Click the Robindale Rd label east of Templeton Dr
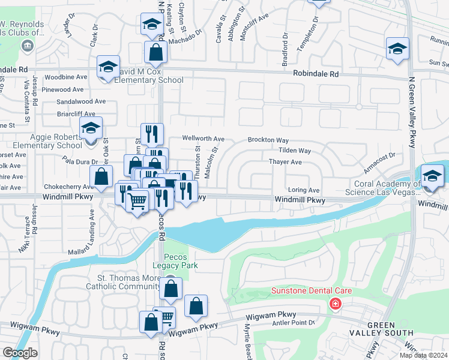click(316, 74)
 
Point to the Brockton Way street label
click(269, 140)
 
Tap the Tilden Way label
click(294, 151)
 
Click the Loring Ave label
click(305, 190)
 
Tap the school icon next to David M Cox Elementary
click(109, 67)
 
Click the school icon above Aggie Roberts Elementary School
click(91, 128)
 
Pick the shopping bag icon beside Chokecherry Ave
click(101, 176)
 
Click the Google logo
click(20, 352)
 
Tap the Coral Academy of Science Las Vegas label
click(396, 188)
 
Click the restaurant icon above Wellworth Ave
click(152, 134)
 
